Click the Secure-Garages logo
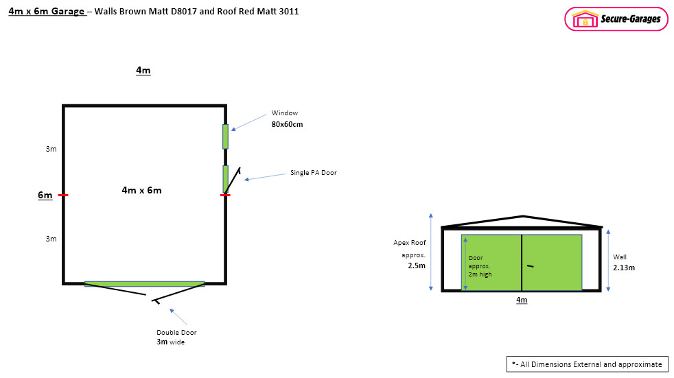point(616,19)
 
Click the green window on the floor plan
point(225,137)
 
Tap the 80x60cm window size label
point(287,125)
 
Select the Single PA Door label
point(314,173)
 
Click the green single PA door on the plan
point(225,179)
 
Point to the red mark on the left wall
point(63,195)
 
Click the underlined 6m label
point(45,196)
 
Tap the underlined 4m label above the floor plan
point(143,71)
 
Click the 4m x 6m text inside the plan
point(142,190)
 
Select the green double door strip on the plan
point(144,284)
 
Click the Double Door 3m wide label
point(176,338)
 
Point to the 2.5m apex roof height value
point(417,266)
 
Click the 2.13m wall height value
point(624,268)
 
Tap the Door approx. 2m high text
point(480,266)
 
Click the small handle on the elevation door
point(531,266)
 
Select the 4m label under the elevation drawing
point(522,300)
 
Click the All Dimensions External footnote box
point(587,364)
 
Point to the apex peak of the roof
point(523,216)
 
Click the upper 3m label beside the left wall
point(51,149)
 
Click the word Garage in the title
point(68,11)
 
